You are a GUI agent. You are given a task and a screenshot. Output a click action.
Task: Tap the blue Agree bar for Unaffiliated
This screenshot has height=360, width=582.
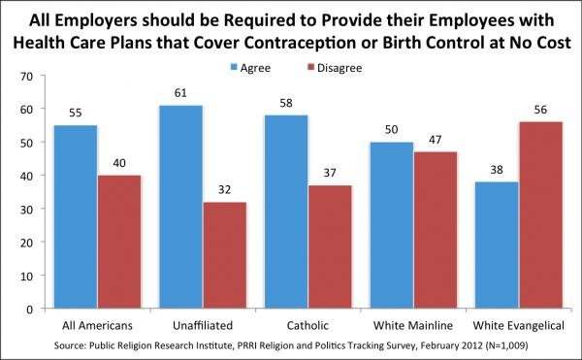(179, 206)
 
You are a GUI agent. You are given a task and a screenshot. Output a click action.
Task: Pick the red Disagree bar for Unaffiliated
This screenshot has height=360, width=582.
(224, 255)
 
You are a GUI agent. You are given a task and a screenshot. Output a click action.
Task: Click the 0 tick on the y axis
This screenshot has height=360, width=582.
(30, 309)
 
